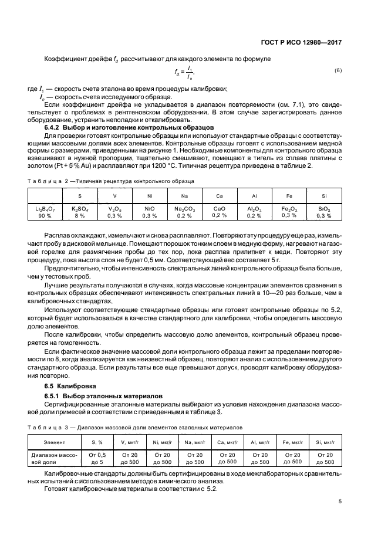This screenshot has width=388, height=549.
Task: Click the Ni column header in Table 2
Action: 150,196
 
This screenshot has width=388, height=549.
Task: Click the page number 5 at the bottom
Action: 340,501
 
